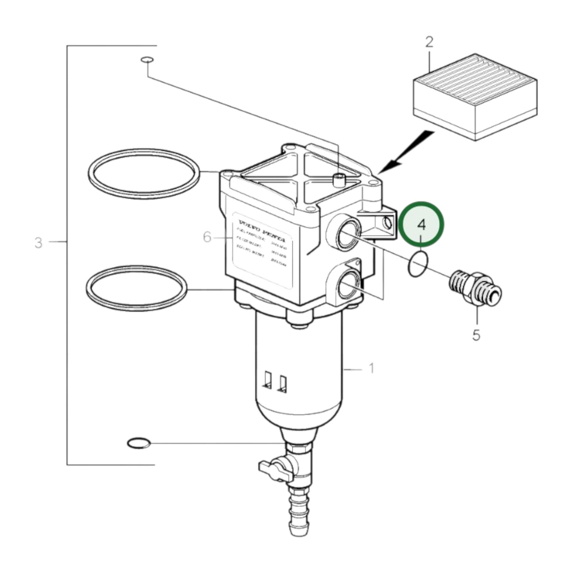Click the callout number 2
[429, 42]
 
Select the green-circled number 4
[422, 225]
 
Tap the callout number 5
[476, 335]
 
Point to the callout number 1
[372, 369]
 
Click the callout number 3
[38, 242]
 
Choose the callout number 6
[207, 237]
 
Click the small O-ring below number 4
[417, 264]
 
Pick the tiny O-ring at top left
[146, 60]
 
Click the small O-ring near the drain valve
[138, 443]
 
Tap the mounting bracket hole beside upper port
[388, 224]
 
